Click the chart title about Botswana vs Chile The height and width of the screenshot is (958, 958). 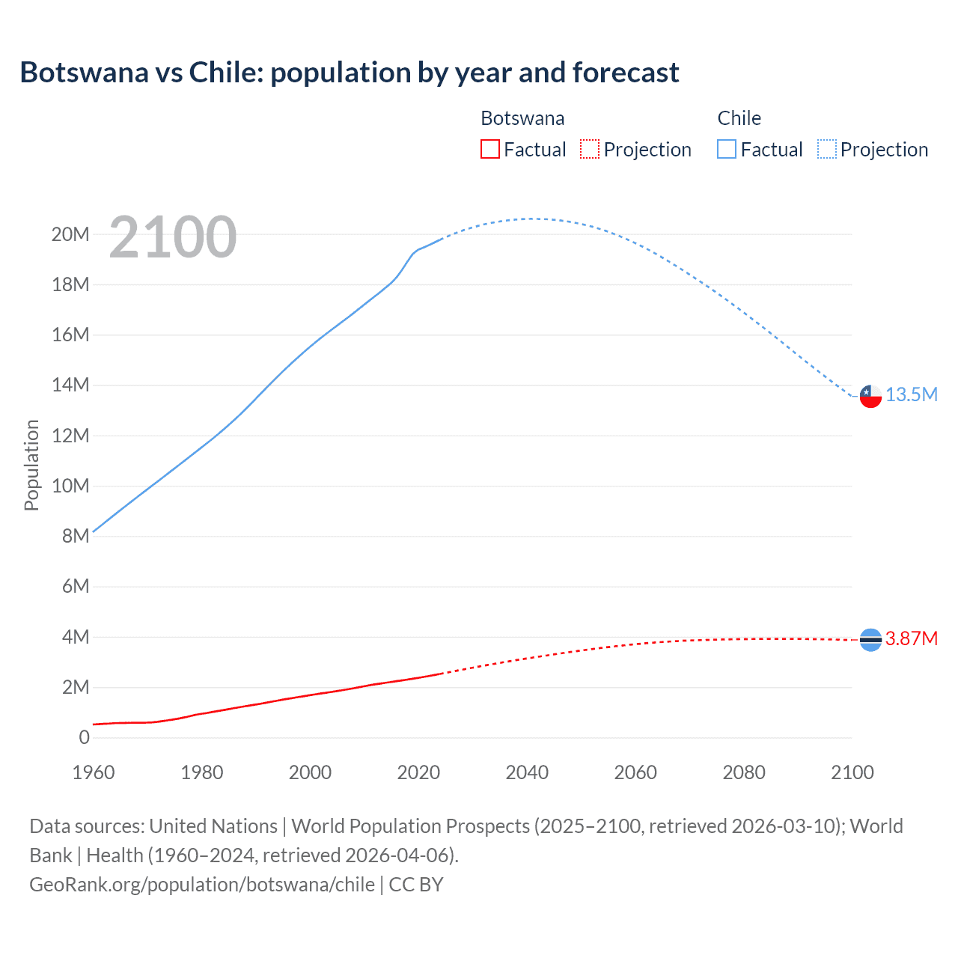349,73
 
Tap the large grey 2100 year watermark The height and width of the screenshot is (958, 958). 173,237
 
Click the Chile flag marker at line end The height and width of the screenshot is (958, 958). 870,395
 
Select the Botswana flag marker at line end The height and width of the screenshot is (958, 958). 870,639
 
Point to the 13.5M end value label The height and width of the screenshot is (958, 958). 911,395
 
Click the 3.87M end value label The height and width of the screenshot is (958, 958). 911,638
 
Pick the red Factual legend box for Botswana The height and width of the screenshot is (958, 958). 489,150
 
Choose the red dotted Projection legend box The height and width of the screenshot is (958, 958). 590,150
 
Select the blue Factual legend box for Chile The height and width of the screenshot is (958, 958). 727,150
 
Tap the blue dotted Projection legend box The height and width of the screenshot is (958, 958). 827,150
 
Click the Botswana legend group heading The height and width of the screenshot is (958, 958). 522,118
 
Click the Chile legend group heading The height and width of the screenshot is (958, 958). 739,118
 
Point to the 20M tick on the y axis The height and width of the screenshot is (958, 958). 70,235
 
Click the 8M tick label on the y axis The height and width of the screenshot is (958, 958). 75,536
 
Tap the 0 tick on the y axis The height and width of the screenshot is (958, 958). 84,737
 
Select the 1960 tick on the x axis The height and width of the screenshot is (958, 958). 94,772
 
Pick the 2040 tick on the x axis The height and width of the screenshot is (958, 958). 527,772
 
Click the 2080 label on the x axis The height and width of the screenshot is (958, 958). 744,772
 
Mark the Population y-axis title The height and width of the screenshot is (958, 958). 31,465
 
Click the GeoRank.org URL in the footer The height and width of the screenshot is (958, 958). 202,885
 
